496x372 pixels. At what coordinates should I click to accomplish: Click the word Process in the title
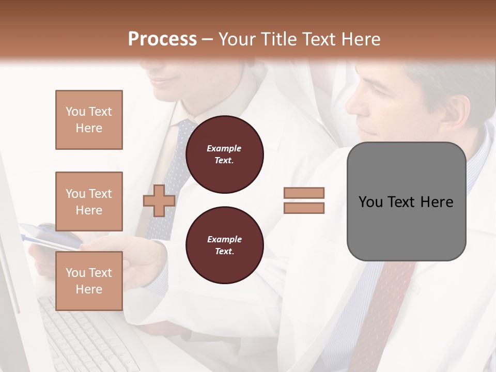click(x=162, y=39)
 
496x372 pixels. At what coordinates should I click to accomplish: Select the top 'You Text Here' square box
click(x=89, y=120)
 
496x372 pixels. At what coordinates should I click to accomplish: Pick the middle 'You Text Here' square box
click(x=89, y=202)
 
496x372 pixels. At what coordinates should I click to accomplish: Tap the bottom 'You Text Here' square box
click(x=89, y=281)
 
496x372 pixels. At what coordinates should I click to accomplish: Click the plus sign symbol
click(x=159, y=200)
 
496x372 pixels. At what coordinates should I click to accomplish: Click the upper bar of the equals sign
click(x=304, y=193)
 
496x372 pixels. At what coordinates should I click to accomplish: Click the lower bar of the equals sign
click(x=304, y=208)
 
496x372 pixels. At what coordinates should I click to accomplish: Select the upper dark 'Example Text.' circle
click(x=224, y=154)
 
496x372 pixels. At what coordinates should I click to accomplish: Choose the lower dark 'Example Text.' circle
click(x=224, y=245)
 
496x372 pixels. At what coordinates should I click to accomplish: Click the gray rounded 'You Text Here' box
click(x=406, y=202)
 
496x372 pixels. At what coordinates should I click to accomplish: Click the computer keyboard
click(x=88, y=336)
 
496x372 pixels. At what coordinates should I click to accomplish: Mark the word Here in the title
click(x=361, y=39)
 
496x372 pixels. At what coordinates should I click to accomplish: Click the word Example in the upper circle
click(x=224, y=149)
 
